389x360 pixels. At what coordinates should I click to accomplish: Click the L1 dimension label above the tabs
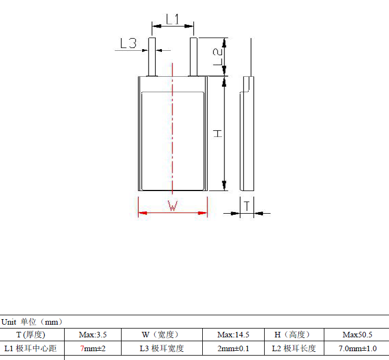(172, 19)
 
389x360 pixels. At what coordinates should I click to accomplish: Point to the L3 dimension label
(128, 43)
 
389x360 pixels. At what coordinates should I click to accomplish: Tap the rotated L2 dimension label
(218, 57)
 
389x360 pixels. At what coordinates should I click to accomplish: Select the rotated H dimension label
(218, 134)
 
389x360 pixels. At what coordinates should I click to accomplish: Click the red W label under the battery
(172, 206)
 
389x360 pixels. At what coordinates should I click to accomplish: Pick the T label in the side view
(247, 206)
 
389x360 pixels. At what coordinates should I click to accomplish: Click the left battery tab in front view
(152, 57)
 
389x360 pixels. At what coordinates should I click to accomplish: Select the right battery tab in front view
(193, 57)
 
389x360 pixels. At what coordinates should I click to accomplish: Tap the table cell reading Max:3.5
(93, 335)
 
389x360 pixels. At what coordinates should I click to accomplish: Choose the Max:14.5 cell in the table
(233, 335)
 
